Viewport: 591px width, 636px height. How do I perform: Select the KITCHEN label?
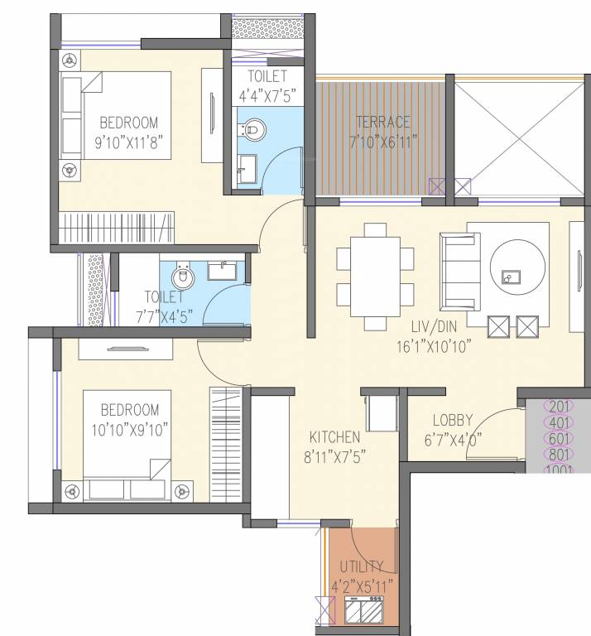pos(334,436)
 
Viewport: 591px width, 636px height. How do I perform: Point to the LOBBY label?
pos(452,420)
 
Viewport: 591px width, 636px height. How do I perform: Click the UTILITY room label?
pos(361,566)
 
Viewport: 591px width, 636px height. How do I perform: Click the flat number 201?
pos(561,407)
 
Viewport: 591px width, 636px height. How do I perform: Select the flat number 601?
pos(561,439)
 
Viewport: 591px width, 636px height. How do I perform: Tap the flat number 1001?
pos(561,470)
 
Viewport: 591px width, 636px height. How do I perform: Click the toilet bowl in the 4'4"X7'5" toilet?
pos(255,128)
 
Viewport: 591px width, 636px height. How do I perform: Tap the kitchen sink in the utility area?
pos(364,614)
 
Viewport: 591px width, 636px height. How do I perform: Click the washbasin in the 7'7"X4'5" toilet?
pos(221,270)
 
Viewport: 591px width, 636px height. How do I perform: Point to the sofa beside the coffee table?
pos(458,270)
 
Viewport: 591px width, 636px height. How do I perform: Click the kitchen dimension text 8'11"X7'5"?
pos(334,454)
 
